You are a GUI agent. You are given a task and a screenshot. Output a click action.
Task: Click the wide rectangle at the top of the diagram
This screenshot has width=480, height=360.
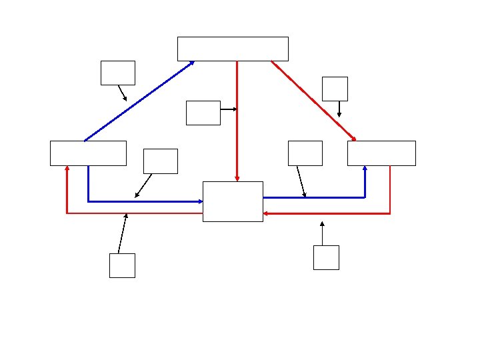233,49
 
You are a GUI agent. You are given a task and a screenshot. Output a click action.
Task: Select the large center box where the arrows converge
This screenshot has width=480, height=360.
233,201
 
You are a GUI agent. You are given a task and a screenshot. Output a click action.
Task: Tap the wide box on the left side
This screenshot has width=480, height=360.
88,153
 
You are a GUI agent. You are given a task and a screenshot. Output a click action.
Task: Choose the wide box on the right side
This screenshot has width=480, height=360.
381,153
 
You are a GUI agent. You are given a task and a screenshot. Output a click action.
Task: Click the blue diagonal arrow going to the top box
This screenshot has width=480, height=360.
139,101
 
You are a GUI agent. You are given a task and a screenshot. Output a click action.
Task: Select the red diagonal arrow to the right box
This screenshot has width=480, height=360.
313,101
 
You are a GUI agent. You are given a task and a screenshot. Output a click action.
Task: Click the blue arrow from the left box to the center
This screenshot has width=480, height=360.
147,201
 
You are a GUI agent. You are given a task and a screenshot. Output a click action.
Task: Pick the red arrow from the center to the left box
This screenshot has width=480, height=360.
133,213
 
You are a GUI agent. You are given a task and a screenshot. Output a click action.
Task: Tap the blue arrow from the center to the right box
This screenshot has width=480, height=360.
313,197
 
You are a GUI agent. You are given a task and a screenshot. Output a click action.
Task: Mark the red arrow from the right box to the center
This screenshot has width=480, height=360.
327,214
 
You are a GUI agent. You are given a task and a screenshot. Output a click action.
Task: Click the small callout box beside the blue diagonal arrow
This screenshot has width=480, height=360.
117,73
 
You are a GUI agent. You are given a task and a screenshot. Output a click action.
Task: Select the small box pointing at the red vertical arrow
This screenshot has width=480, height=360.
203,113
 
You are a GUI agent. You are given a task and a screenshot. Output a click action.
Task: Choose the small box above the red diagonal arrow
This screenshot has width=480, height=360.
335,89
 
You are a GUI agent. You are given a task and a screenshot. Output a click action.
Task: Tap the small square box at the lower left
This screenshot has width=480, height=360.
122,265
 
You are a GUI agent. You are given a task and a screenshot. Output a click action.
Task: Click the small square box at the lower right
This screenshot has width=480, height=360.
326,257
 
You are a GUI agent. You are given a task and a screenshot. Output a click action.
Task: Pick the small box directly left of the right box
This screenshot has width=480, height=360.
305,153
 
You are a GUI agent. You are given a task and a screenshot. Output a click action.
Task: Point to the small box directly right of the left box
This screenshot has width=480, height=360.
161,161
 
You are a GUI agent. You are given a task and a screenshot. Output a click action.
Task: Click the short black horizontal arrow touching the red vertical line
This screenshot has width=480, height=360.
229,109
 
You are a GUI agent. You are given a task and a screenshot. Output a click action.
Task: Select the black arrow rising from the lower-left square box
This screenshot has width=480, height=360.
122,233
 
